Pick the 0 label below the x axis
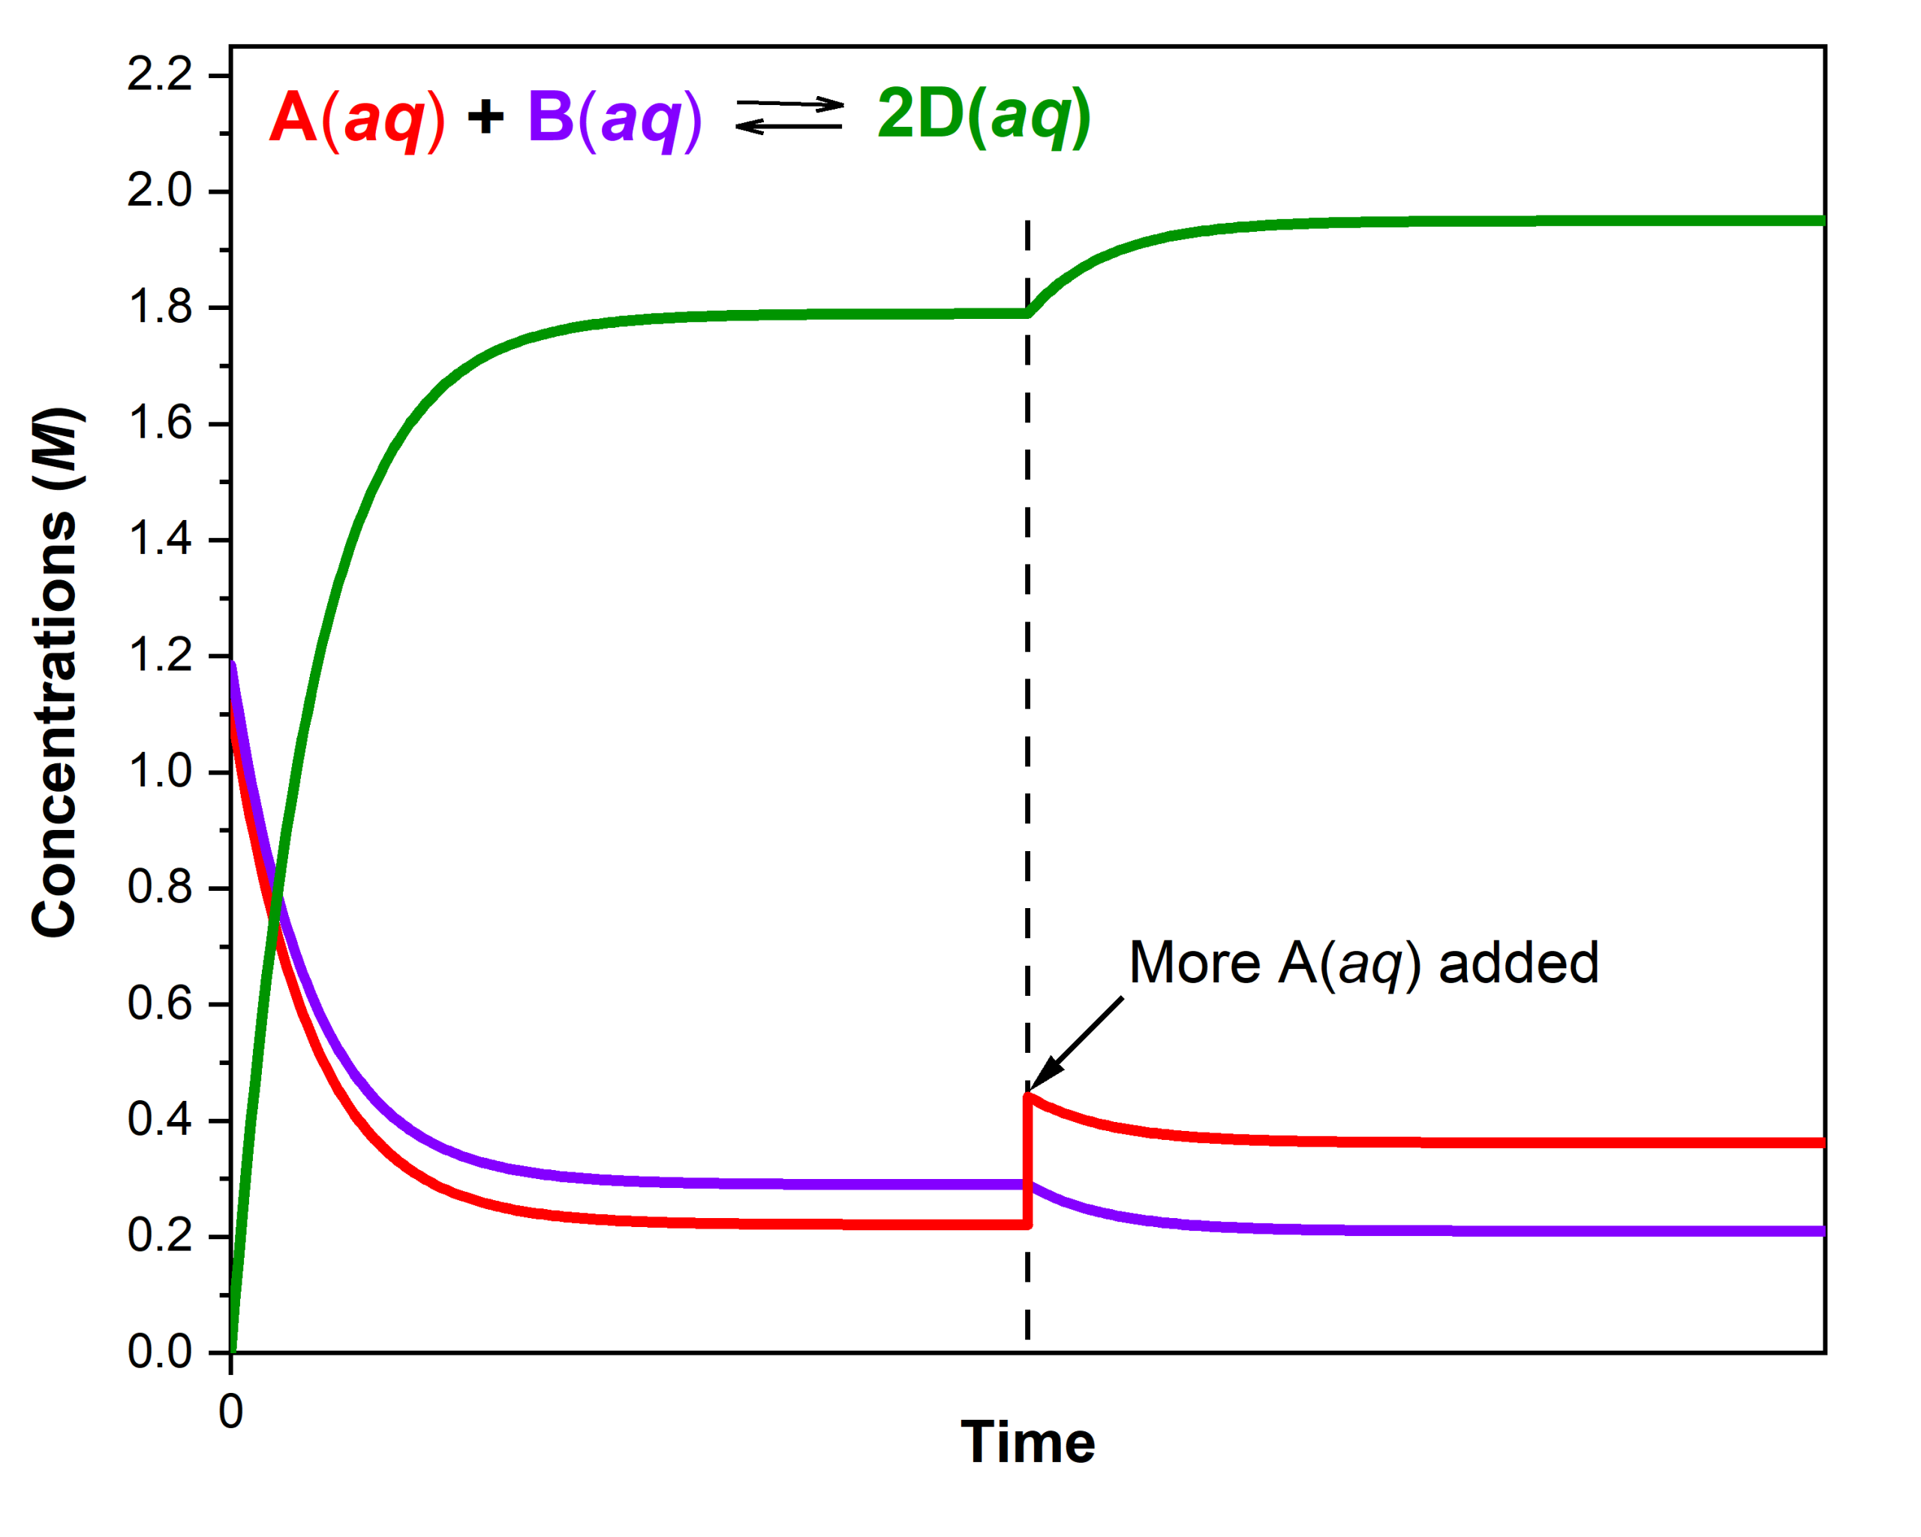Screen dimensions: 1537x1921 point(231,1412)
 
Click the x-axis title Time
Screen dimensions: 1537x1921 point(1027,1442)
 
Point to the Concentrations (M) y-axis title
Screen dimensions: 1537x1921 point(56,672)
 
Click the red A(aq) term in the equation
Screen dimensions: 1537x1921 point(356,118)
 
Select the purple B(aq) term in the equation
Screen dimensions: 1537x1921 point(615,118)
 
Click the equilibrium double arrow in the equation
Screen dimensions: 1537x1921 point(789,116)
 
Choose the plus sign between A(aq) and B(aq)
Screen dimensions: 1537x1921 point(486,117)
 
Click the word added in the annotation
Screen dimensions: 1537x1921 point(1518,964)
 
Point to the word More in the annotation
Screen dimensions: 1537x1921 point(1195,964)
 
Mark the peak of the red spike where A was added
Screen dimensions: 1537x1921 point(1028,1097)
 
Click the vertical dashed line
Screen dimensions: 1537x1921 point(1027,713)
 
